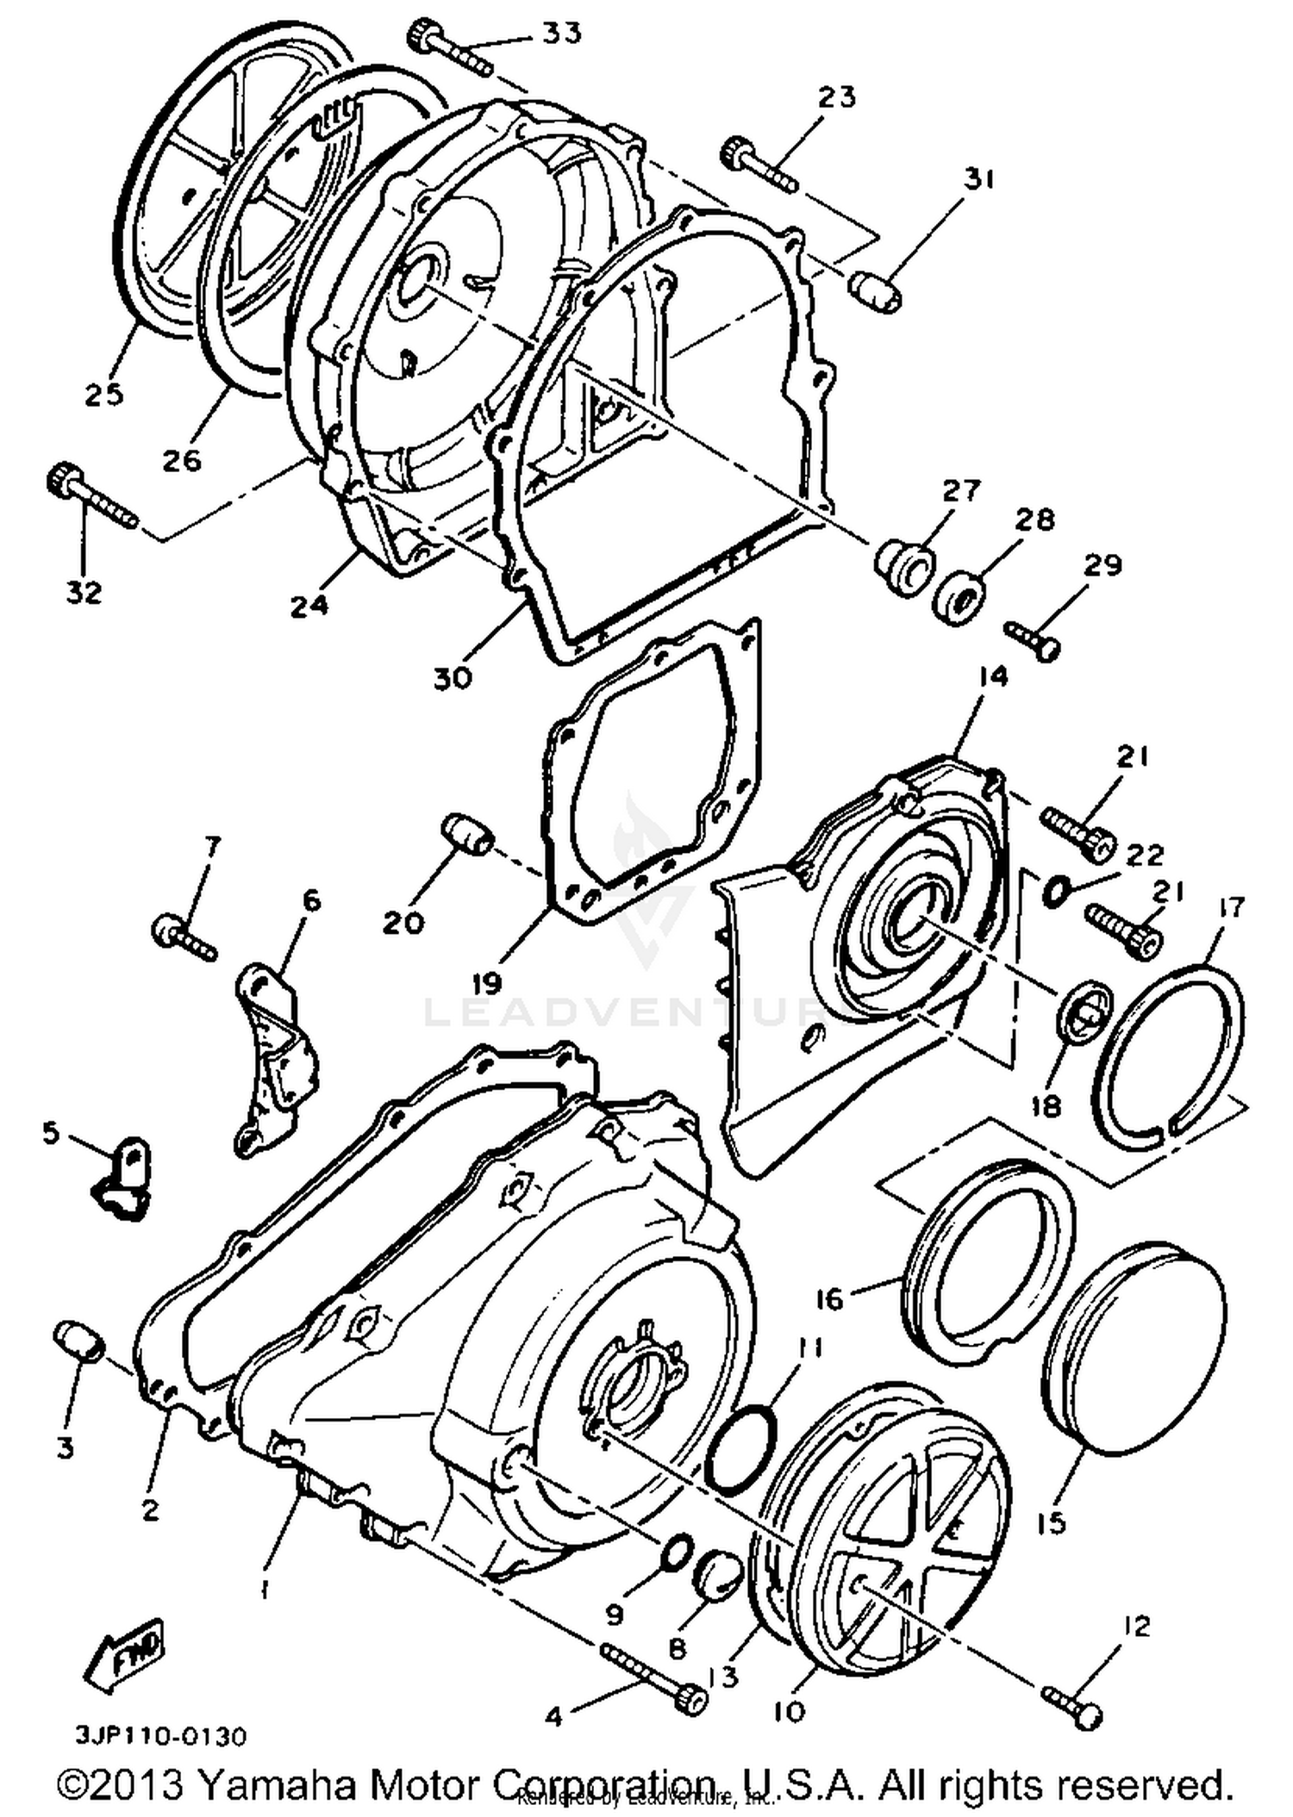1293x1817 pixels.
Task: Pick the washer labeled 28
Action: [x=959, y=593]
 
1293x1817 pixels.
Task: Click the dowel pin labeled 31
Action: [x=874, y=291]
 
